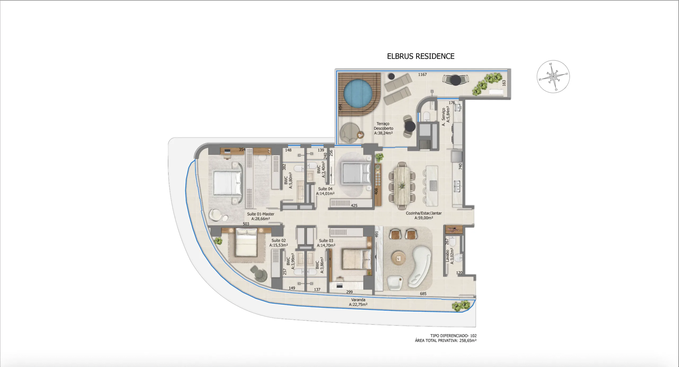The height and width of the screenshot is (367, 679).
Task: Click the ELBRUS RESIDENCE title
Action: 421,56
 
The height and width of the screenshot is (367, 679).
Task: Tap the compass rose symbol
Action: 553,77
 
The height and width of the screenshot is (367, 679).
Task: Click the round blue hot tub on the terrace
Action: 358,93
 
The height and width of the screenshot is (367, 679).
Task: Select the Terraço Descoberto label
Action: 383,128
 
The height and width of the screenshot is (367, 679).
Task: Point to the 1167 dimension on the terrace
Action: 422,74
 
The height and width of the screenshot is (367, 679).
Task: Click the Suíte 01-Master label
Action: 260,216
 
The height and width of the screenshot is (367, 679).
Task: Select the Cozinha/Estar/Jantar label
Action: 424,215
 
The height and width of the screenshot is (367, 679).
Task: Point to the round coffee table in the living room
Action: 398,259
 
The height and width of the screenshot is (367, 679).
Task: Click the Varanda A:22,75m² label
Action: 358,302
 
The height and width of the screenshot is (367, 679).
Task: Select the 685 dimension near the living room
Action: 423,294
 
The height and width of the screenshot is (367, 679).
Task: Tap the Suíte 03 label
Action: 326,243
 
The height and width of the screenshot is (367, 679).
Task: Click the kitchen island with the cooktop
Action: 432,185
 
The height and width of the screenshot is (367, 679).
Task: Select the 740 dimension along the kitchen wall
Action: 460,166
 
